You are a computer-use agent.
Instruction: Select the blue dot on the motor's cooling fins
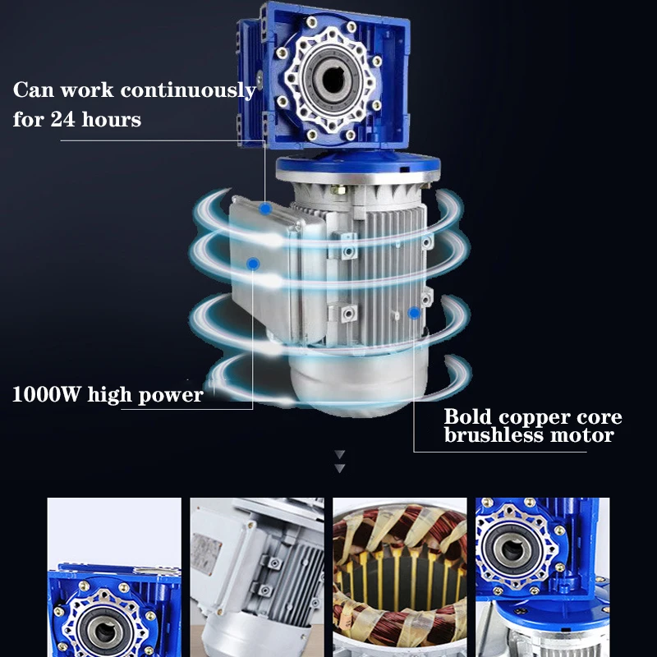coord(414,313)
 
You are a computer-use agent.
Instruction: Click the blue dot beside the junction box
coord(253,263)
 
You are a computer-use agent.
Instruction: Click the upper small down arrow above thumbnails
coord(339,454)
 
